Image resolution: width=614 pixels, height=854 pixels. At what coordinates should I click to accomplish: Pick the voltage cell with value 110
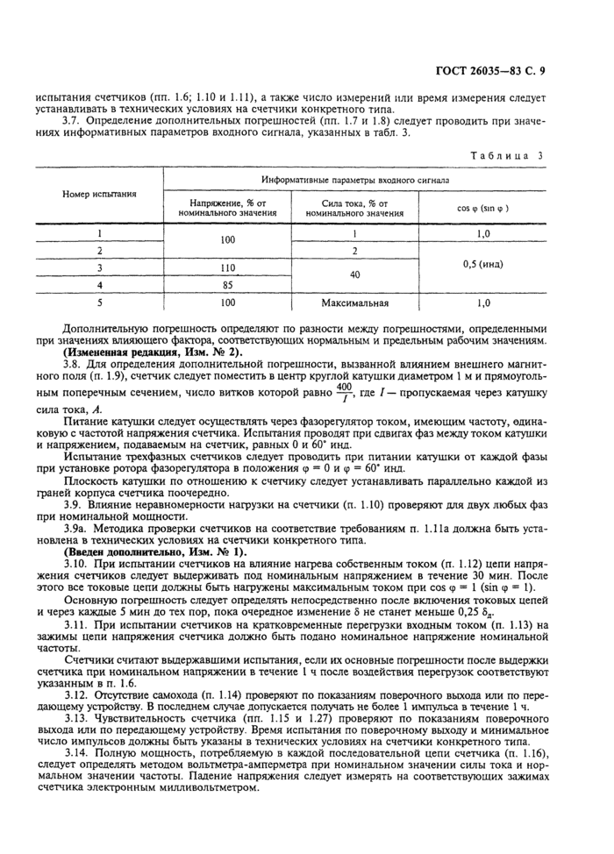228,268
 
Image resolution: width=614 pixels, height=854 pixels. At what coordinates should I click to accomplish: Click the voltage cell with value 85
228,285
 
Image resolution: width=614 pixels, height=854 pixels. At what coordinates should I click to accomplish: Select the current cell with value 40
354,276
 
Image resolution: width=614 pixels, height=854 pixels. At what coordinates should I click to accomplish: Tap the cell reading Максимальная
354,302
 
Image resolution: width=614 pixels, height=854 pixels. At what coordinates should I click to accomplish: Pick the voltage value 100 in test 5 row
228,302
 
